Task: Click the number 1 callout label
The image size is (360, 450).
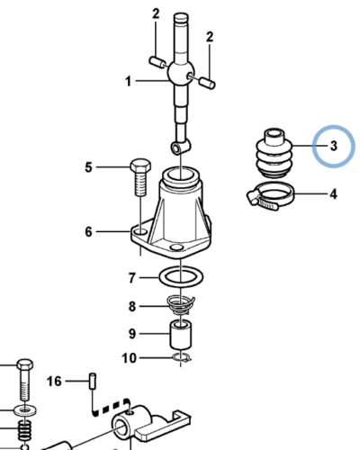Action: pyautogui.click(x=129, y=81)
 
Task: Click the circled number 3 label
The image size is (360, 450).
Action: pyautogui.click(x=334, y=146)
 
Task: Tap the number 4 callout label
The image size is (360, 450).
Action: pyautogui.click(x=333, y=194)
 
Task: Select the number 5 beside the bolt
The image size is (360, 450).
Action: pyautogui.click(x=88, y=167)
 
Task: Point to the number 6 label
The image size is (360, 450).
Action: pyautogui.click(x=88, y=232)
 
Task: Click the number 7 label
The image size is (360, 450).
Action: pyautogui.click(x=132, y=278)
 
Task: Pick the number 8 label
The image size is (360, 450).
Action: pyautogui.click(x=132, y=307)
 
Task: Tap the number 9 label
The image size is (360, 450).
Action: pyautogui.click(x=132, y=334)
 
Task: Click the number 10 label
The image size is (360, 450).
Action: pyautogui.click(x=130, y=358)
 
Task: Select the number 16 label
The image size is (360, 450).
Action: pyautogui.click(x=54, y=382)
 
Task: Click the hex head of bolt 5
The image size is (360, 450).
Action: pyautogui.click(x=140, y=166)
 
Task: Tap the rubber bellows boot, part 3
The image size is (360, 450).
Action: pyautogui.click(x=274, y=153)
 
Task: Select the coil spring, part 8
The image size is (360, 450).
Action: pyautogui.click(x=181, y=305)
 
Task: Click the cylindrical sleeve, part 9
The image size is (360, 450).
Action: pyautogui.click(x=181, y=336)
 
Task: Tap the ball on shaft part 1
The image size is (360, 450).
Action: pyautogui.click(x=181, y=74)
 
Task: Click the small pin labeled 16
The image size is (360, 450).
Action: pyautogui.click(x=93, y=381)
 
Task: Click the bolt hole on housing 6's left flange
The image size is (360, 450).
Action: pyautogui.click(x=140, y=232)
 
